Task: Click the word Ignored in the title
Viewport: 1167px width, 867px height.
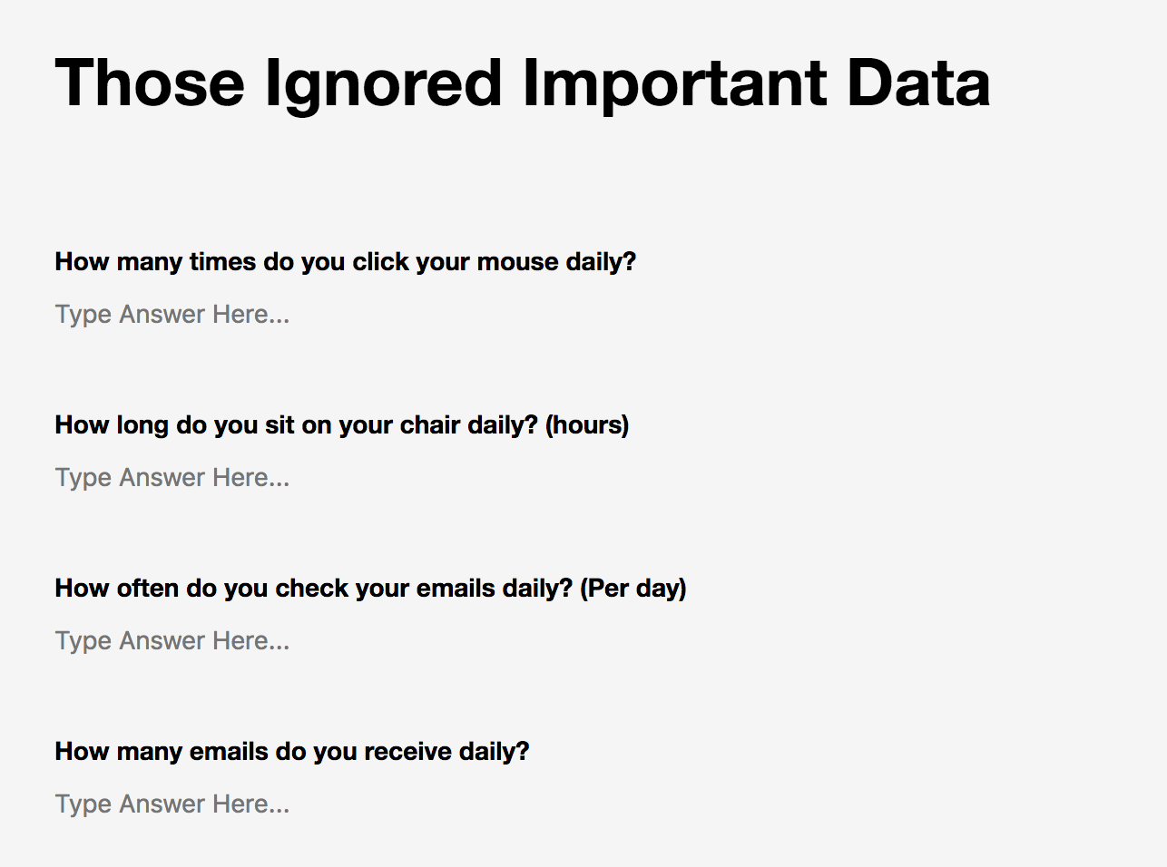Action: (384, 85)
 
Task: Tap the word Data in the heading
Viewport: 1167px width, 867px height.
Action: (918, 83)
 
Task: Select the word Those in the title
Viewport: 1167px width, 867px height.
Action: (150, 83)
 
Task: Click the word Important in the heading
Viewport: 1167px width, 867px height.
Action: (675, 85)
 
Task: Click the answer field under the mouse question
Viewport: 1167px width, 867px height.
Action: (172, 315)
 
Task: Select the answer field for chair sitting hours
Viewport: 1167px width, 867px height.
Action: (172, 478)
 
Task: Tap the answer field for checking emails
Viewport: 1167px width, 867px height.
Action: (172, 641)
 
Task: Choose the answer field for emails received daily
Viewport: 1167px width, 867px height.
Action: (172, 804)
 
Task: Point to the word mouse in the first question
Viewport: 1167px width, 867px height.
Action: (518, 262)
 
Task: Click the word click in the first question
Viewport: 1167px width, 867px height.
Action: (380, 261)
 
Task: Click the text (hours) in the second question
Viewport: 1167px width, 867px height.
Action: (586, 425)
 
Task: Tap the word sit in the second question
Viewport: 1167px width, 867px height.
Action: (279, 424)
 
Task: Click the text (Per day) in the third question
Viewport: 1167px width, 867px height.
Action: (633, 589)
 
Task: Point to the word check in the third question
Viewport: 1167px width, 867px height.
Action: (311, 588)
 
